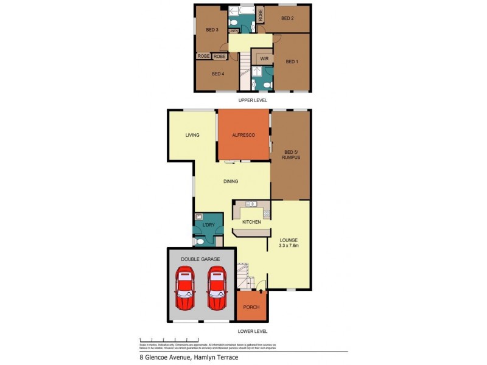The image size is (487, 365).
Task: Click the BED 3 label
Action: click(212, 30)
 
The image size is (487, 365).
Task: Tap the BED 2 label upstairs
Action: click(287, 18)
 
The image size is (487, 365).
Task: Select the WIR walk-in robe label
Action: click(264, 59)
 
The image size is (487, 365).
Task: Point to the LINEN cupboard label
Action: click(234, 30)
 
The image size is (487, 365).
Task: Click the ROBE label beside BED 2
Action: click(260, 15)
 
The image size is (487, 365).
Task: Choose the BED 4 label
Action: click(218, 74)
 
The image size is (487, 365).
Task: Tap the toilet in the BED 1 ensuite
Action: click(268, 84)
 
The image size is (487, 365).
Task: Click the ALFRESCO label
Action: click(243, 134)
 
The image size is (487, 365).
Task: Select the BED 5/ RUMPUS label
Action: click(290, 156)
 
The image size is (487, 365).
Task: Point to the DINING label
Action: click(230, 181)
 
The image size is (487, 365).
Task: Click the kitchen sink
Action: click(250, 204)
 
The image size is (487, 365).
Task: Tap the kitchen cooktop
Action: click(267, 213)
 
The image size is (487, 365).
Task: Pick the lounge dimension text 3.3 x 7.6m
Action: click(289, 246)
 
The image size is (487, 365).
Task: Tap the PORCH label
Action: click(251, 307)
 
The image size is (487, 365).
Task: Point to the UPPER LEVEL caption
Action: click(253, 100)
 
